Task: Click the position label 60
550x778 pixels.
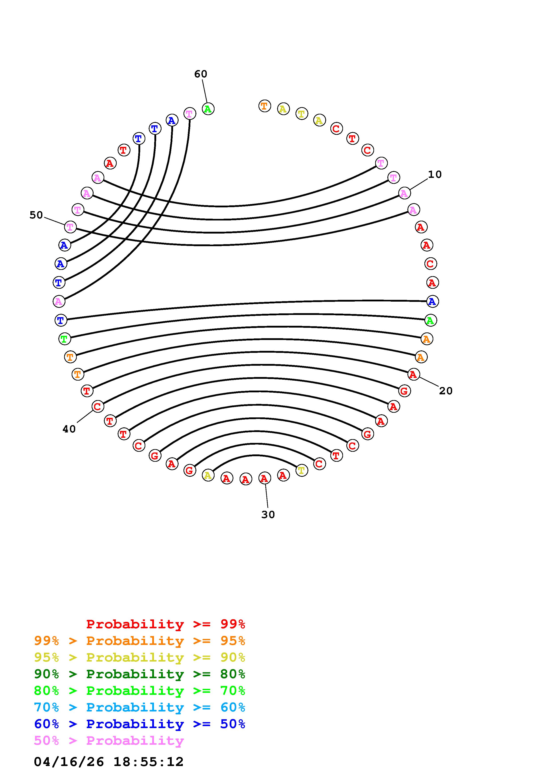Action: pos(200,74)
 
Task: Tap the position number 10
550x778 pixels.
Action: pos(435,175)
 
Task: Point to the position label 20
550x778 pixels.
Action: pos(446,391)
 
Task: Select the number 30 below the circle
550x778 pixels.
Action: pos(268,515)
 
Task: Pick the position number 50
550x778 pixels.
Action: pos(36,215)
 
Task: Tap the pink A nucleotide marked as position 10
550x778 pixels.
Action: pos(404,193)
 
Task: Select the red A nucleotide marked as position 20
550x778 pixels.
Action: pos(413,374)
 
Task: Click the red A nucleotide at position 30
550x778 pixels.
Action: pos(264,478)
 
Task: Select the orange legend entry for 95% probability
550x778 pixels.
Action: pos(140,641)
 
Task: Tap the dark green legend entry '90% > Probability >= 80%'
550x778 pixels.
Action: pos(140,674)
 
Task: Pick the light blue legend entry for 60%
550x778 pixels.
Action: pos(140,707)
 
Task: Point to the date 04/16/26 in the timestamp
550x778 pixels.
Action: pos(69,762)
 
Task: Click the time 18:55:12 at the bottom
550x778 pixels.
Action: pos(148,762)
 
